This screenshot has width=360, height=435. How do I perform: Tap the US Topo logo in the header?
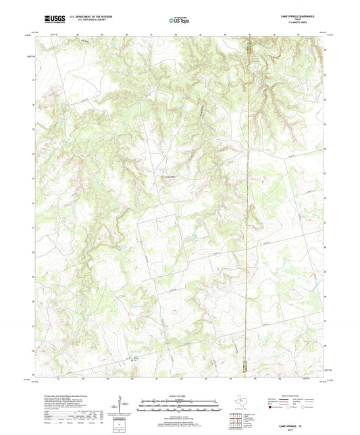(x=179, y=20)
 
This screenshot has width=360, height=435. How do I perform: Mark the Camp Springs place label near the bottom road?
(x=136, y=357)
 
